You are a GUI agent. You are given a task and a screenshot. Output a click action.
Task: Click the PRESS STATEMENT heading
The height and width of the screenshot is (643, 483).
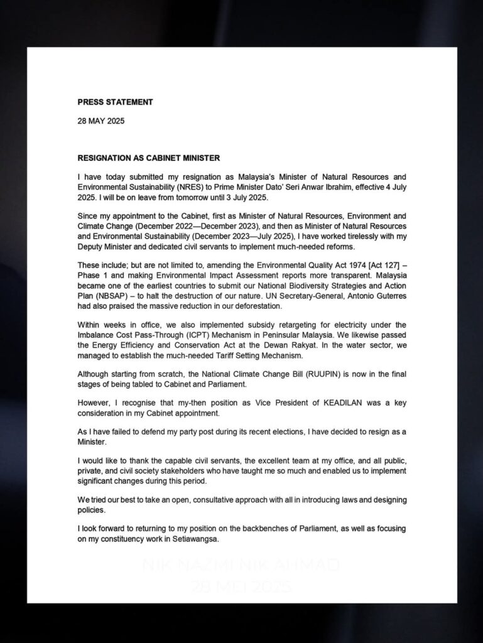coord(115,102)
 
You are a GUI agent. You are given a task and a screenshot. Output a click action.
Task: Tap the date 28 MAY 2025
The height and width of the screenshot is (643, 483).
coord(101,121)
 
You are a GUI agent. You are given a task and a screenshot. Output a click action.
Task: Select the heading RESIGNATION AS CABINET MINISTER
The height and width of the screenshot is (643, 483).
coord(148,158)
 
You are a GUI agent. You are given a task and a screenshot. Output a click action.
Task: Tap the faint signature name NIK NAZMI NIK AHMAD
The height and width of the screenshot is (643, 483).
coord(241,566)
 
